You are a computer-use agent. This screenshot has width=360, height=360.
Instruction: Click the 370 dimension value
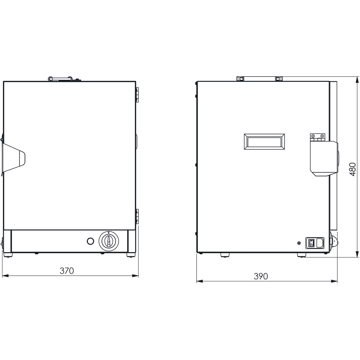pyautogui.click(x=67, y=271)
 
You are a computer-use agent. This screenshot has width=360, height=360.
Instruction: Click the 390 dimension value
pyautogui.click(x=261, y=276)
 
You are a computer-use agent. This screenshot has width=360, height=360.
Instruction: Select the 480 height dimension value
pyautogui.click(x=352, y=170)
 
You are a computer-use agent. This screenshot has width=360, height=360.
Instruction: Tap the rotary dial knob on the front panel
pyautogui.click(x=109, y=241)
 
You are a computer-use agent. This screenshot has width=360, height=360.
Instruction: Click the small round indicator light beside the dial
pyautogui.click(x=91, y=241)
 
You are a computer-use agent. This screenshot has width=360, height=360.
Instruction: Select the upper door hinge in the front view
pyautogui.click(x=137, y=94)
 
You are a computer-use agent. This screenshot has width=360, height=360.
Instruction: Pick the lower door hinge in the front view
pyautogui.click(x=137, y=217)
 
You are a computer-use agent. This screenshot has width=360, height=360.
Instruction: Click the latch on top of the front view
pyautogui.click(x=64, y=79)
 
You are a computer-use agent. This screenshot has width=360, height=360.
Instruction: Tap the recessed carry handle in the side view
pyautogui.click(x=264, y=142)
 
